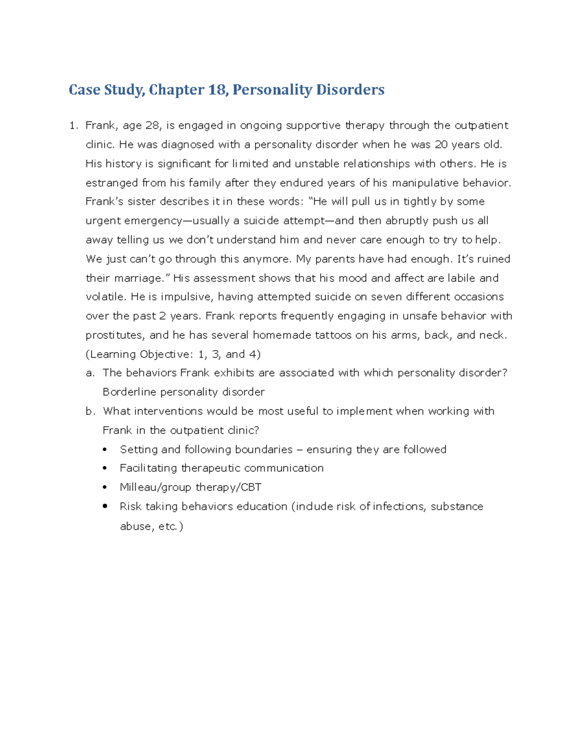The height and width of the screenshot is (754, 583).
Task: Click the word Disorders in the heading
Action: [350, 90]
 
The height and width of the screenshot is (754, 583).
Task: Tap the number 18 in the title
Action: [217, 90]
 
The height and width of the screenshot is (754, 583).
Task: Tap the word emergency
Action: [154, 221]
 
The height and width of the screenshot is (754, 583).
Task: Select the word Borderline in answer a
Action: [129, 392]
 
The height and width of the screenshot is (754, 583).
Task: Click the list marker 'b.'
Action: [90, 411]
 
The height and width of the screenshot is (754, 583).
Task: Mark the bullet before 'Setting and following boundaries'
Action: [105, 450]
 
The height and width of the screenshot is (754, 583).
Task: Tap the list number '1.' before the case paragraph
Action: [73, 125]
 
